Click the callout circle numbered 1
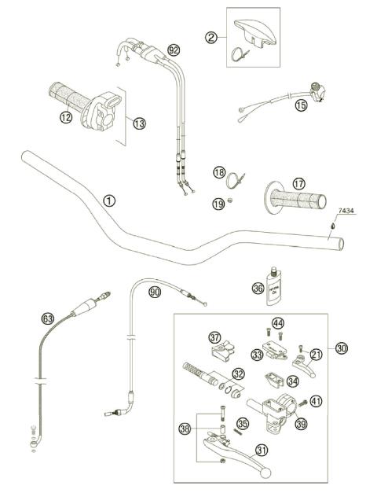(x=109, y=200)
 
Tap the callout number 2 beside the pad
(x=211, y=36)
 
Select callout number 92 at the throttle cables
(x=174, y=49)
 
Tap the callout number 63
(x=47, y=318)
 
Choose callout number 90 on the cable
(x=154, y=292)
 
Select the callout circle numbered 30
(x=340, y=348)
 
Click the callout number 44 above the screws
(x=277, y=323)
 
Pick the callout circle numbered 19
(x=218, y=204)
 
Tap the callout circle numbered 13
(x=139, y=123)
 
